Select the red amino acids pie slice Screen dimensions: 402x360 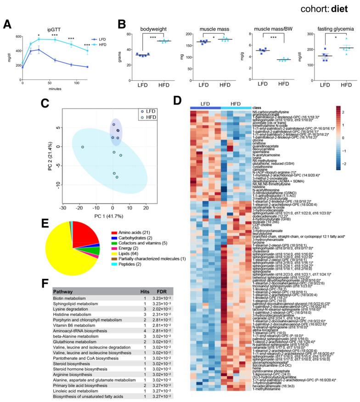pyautogui.click(x=85, y=234)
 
